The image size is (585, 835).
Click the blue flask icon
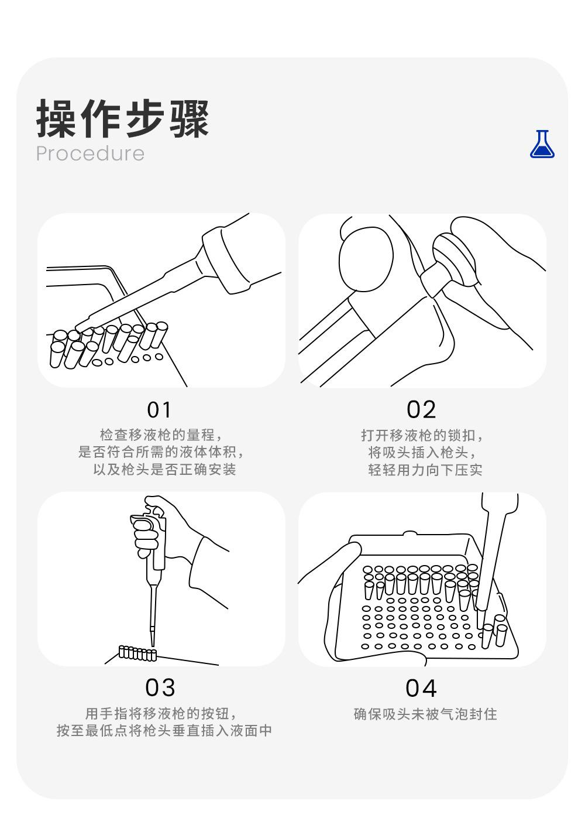click(542, 144)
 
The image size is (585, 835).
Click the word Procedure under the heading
click(90, 153)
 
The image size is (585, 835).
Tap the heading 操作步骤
click(122, 118)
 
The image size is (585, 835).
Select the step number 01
click(159, 410)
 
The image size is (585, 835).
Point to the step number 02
click(421, 410)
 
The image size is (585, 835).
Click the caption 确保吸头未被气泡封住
click(425, 714)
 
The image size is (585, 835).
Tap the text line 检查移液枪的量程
click(161, 435)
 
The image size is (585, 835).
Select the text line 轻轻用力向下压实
click(425, 470)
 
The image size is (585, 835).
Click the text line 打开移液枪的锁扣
click(422, 436)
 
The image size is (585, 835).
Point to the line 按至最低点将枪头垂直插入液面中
click(164, 730)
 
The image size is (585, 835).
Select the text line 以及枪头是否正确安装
click(164, 469)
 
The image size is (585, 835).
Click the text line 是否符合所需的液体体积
click(161, 452)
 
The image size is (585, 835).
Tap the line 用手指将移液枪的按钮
click(161, 713)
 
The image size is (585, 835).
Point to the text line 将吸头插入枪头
click(422, 453)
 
